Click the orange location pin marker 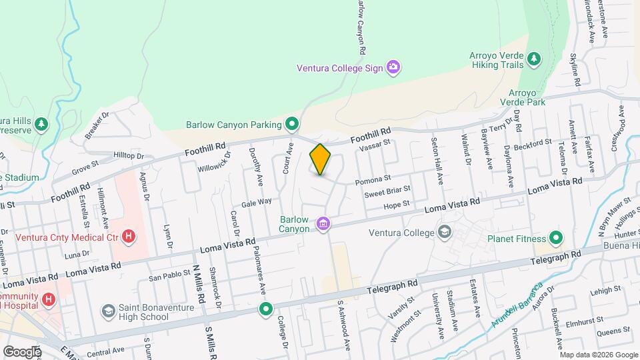pos(321,159)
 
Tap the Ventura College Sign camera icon pos(393,67)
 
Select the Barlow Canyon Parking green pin pos(291,124)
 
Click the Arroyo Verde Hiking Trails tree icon pos(533,59)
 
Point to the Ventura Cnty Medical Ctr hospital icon pos(129,237)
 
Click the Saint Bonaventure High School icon pos(108,312)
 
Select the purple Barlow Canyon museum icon pos(323,223)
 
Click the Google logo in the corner pos(22,351)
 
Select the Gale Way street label pos(257,202)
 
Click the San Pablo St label pos(165,277)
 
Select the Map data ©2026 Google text pos(599,354)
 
